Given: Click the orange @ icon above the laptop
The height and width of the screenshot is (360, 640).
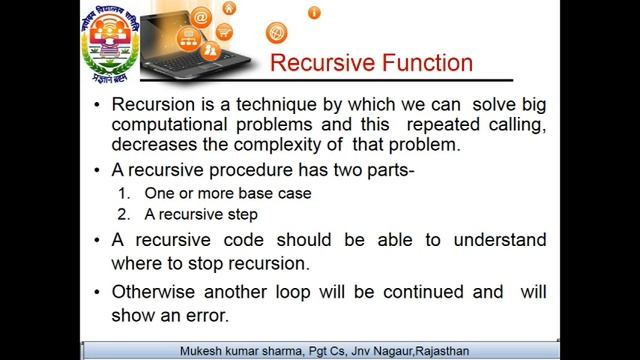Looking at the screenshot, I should click(201, 17).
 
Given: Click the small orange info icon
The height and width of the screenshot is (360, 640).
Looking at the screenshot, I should click(315, 13).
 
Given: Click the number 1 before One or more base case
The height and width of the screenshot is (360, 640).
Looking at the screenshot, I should click(123, 193).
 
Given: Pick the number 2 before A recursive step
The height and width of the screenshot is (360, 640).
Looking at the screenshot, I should click(123, 214).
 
